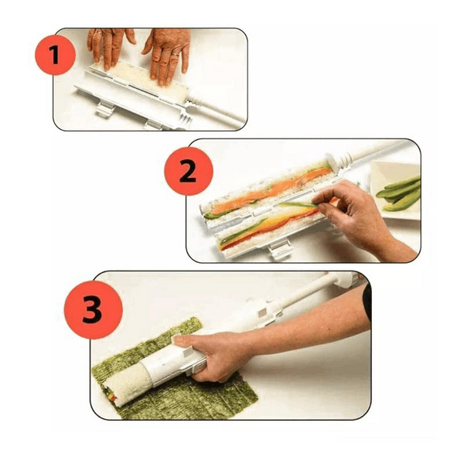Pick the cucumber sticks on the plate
click(399, 193)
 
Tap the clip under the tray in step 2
click(279, 248)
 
